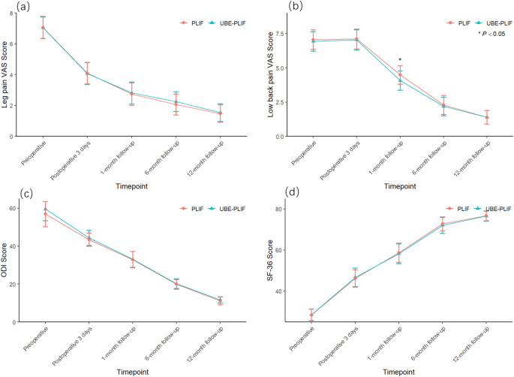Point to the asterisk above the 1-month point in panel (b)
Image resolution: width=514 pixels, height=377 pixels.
coord(400,60)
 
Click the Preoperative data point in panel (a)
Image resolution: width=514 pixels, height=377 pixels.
coord(44,27)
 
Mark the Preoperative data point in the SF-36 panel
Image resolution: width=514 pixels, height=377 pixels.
coord(311,315)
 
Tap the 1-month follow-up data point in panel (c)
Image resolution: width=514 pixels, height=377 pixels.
coord(133,259)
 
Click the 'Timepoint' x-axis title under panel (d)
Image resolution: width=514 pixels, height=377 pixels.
coord(398,371)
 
